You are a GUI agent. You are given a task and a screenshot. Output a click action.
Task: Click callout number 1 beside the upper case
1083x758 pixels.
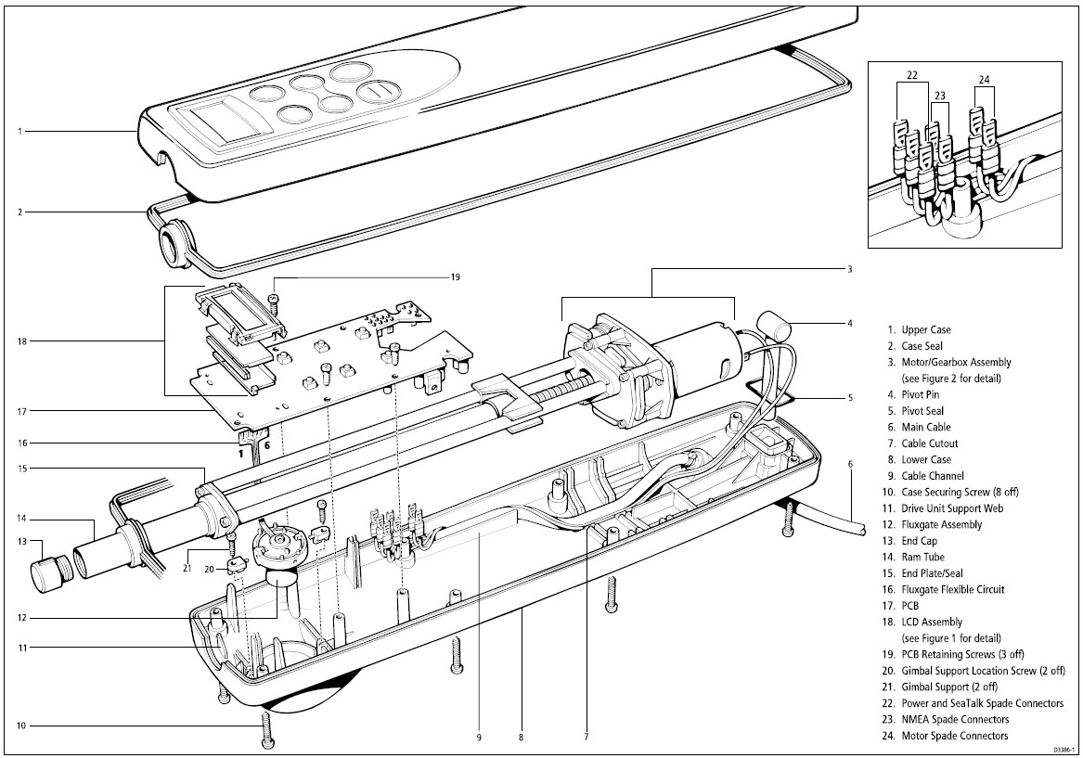tap(19, 132)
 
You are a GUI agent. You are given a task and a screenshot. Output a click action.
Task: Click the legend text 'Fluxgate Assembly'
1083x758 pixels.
tap(941, 524)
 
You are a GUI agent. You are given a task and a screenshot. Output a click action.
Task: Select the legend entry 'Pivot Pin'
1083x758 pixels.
tap(925, 394)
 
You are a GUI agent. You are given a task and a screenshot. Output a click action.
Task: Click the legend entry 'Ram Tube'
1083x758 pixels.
tap(924, 557)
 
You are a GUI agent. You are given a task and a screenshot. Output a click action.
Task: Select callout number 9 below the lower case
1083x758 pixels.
tap(479, 738)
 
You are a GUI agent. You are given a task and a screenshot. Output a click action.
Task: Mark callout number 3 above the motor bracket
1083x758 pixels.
tap(849, 269)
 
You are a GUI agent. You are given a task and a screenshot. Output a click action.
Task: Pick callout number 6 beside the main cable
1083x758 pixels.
tap(849, 464)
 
